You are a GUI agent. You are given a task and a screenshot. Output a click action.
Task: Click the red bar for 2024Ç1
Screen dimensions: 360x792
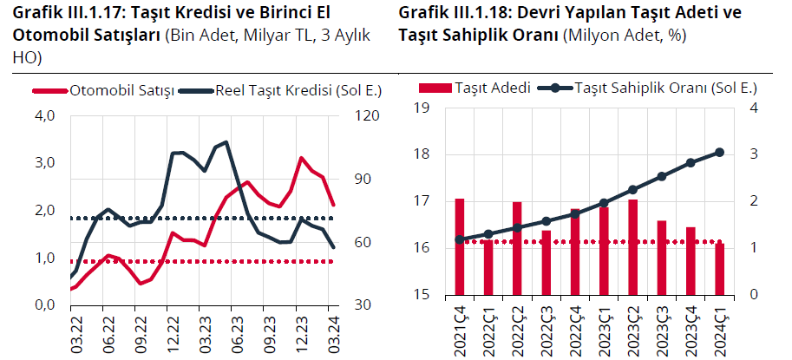(720, 269)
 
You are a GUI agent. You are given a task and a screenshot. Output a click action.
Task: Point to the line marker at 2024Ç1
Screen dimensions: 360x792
(720, 153)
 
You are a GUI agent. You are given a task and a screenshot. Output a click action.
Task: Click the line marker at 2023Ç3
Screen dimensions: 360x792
(662, 176)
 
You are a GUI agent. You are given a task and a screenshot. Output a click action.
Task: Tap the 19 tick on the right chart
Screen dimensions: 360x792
(424, 108)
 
